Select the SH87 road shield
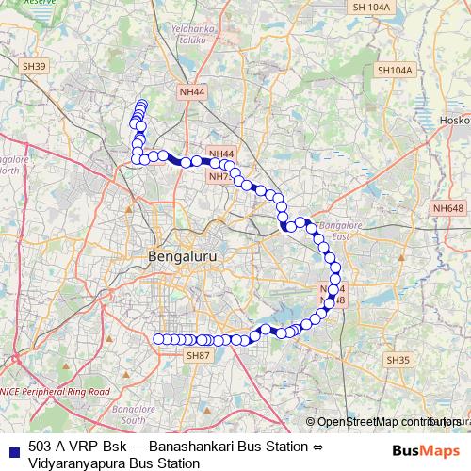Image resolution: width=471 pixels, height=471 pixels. click(x=197, y=355)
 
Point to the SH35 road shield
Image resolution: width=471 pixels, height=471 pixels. click(x=398, y=360)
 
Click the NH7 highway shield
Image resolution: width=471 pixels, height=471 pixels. click(x=219, y=176)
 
